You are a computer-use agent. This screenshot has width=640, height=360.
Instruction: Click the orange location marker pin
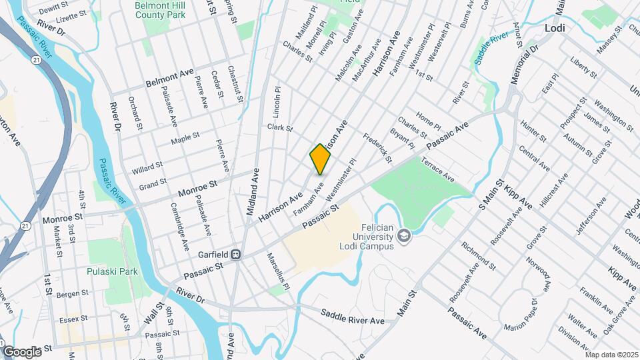pyautogui.click(x=321, y=159)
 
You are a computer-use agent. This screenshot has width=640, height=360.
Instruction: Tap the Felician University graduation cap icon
pyautogui.click(x=403, y=235)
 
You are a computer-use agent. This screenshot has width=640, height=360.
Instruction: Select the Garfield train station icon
pyautogui.click(x=235, y=255)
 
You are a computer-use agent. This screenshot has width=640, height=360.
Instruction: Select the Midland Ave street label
pyautogui.click(x=253, y=191)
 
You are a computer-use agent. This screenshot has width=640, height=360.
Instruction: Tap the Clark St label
pyautogui.click(x=280, y=127)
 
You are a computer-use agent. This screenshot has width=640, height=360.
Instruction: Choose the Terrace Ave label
pyautogui.click(x=438, y=170)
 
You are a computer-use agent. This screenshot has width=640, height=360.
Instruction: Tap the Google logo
pyautogui.click(x=22, y=351)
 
